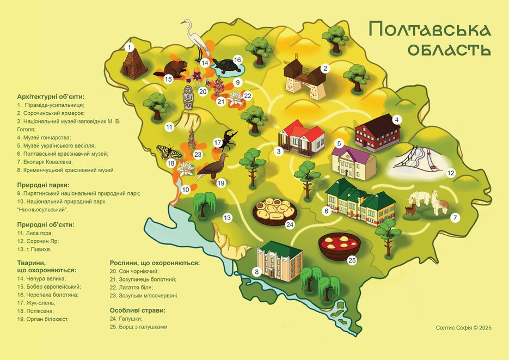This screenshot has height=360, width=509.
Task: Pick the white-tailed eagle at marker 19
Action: tap(212, 166)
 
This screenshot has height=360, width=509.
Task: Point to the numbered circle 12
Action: tap(450, 173)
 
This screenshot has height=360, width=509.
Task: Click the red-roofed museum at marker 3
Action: tap(301, 137)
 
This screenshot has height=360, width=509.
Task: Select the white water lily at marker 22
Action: tap(235, 99)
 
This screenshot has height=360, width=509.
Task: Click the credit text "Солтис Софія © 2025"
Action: tap(463, 327)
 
